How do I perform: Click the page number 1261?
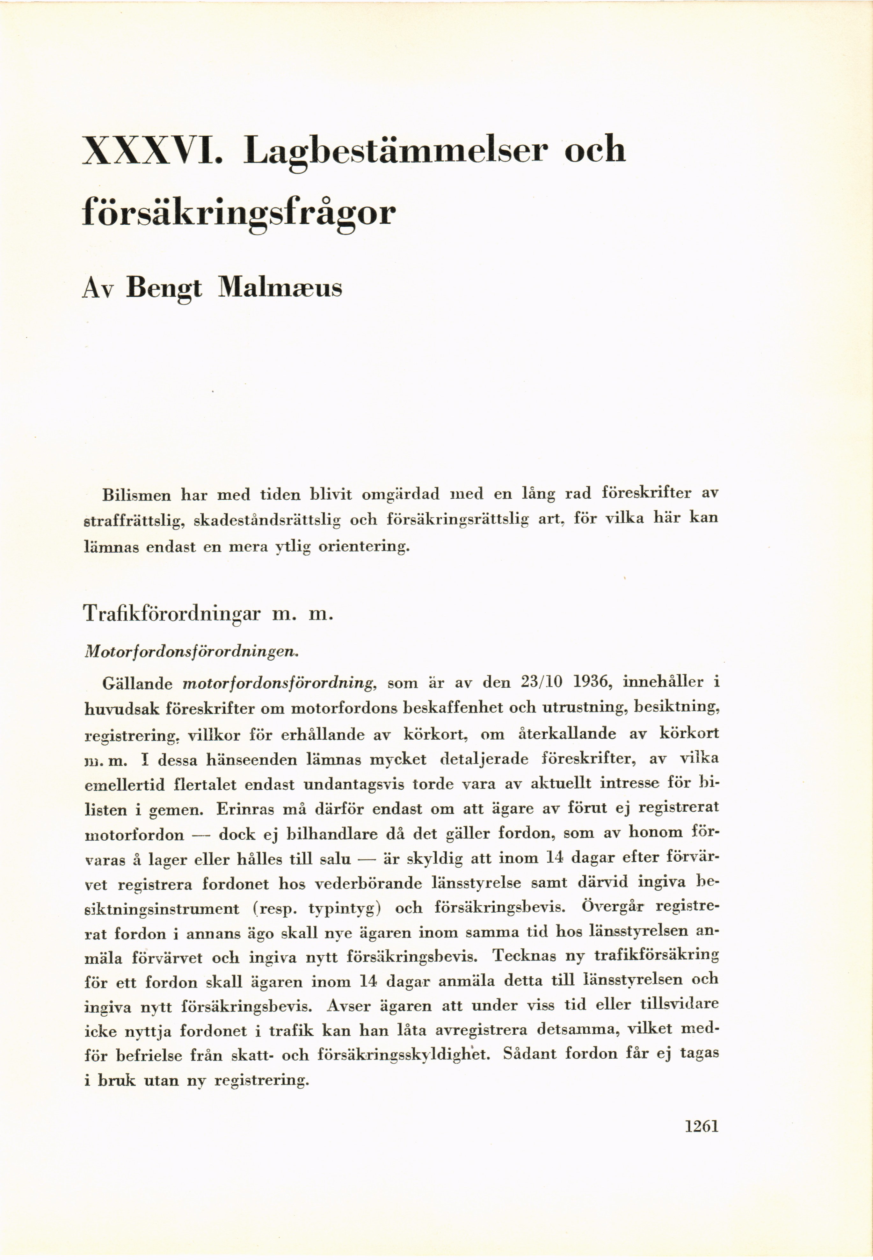[701, 1126]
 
